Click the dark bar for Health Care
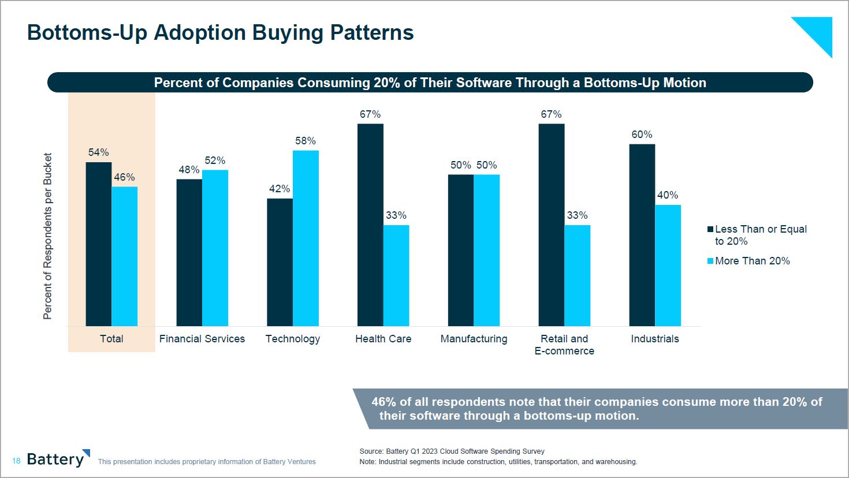370,225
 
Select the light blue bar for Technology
306,238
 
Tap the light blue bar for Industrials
668,266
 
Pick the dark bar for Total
99,244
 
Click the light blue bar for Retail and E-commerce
577,275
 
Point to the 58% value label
306,141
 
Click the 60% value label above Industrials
642,135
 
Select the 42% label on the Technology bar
280,189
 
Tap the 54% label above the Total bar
99,152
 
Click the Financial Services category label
202,339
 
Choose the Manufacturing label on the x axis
474,339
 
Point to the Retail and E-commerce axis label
564,345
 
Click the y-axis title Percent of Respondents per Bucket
47,236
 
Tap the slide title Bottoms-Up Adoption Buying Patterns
221,33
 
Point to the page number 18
16,461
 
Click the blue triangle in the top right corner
817,32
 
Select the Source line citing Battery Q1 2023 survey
452,451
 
